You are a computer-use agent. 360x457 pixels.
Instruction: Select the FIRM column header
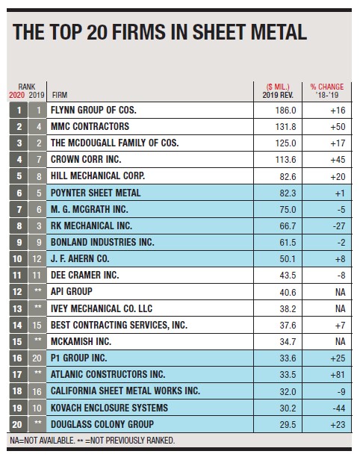60,95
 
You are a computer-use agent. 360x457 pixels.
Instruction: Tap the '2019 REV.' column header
278,95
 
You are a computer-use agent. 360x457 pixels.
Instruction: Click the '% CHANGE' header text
327,87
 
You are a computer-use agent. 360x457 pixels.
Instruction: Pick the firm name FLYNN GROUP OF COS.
93,111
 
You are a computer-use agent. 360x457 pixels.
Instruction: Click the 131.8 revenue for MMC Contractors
285,127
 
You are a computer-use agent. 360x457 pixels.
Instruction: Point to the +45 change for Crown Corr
338,160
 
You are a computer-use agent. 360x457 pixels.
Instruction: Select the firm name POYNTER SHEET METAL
96,193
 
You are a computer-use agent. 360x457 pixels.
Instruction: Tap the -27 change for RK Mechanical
339,226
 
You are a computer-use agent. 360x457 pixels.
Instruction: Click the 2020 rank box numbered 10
17,259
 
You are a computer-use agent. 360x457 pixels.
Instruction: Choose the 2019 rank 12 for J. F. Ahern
37,259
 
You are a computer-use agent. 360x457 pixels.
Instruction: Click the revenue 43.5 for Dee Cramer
288,276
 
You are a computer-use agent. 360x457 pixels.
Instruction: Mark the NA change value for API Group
340,292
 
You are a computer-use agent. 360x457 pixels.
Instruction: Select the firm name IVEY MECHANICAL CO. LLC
102,308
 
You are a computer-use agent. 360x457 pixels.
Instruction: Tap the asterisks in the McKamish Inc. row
37,340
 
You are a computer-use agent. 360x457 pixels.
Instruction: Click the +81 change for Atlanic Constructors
338,375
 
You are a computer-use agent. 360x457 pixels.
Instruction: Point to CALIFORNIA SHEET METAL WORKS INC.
125,391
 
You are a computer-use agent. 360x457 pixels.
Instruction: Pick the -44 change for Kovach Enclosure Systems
339,408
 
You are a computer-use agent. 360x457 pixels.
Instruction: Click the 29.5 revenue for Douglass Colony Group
288,425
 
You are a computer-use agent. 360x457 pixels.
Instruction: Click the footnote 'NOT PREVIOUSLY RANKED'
133,441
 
